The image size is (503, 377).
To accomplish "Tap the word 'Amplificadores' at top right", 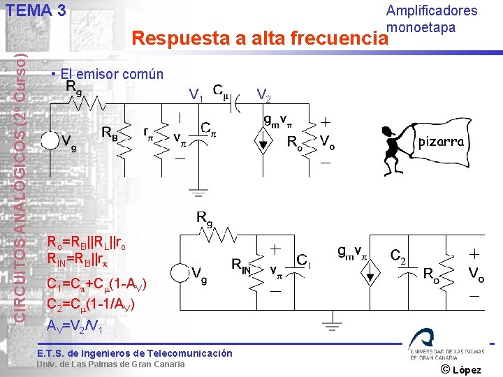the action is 432,10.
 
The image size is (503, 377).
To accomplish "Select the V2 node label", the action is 265,94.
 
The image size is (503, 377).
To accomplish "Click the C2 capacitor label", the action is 398,256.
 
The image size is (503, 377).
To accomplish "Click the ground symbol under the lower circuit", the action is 330,325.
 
